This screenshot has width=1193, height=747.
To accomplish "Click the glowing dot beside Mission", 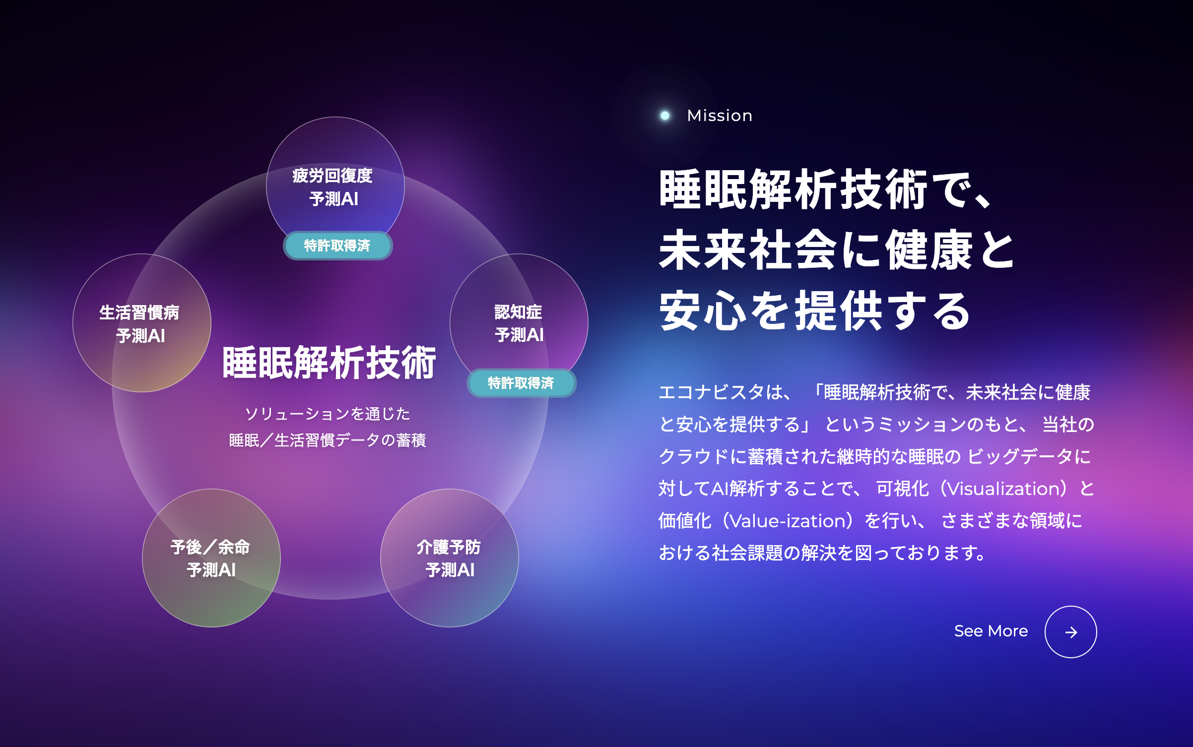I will coord(665,116).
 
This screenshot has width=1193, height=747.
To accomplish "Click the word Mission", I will coord(720,116).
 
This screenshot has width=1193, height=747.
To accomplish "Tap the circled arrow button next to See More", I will coord(1070,632).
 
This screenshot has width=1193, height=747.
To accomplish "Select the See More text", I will coord(991,631).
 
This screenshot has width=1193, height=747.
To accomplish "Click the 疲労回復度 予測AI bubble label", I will coord(333,187).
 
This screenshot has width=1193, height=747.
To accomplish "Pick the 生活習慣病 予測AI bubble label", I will coord(139,324).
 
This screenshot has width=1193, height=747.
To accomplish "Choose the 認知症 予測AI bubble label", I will coord(519,323).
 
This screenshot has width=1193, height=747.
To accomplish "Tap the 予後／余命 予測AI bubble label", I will coord(210,559).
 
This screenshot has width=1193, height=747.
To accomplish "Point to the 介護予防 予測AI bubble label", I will coord(449,559).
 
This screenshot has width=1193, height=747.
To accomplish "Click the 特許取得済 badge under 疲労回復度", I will coord(337,246).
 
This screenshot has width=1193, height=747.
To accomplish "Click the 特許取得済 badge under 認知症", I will coord(521,383).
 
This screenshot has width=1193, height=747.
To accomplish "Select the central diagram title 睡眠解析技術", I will coord(329,363).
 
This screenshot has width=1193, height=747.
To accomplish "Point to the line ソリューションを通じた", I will coord(328,414).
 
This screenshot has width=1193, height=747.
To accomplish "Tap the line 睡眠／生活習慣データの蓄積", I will coord(328,440).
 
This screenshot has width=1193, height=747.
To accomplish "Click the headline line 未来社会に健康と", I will coord(837,250).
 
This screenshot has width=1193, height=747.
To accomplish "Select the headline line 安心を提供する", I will coord(815,311).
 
